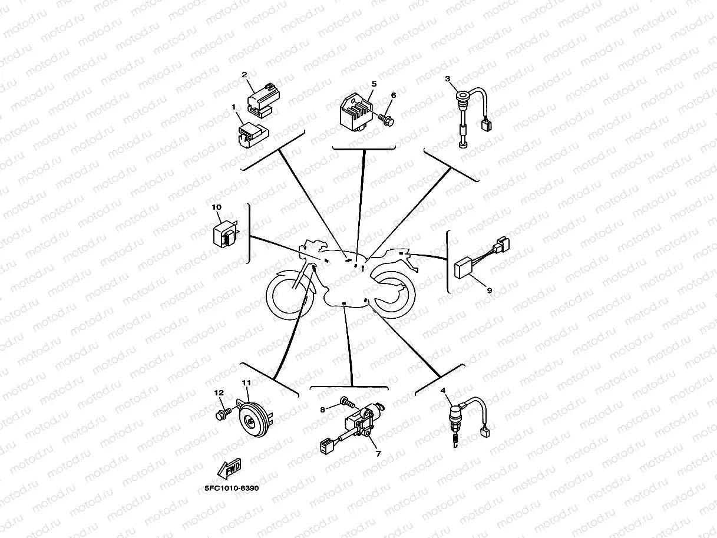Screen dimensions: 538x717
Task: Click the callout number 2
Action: pyautogui.click(x=244, y=75)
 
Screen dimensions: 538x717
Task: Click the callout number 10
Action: pyautogui.click(x=216, y=207)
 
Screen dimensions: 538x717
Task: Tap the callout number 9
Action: pyautogui.click(x=489, y=290)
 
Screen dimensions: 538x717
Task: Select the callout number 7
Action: pyautogui.click(x=378, y=454)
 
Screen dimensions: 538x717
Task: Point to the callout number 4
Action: pyautogui.click(x=442, y=390)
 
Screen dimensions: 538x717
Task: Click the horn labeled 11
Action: pyautogui.click(x=254, y=420)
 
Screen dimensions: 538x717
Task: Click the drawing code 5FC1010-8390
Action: pyautogui.click(x=232, y=489)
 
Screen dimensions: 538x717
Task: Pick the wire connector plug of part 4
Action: pyautogui.click(x=485, y=432)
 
